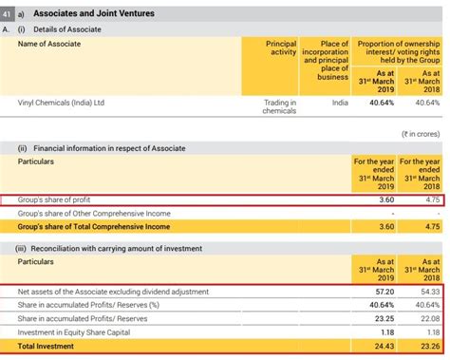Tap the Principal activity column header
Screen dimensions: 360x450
click(x=281, y=49)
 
